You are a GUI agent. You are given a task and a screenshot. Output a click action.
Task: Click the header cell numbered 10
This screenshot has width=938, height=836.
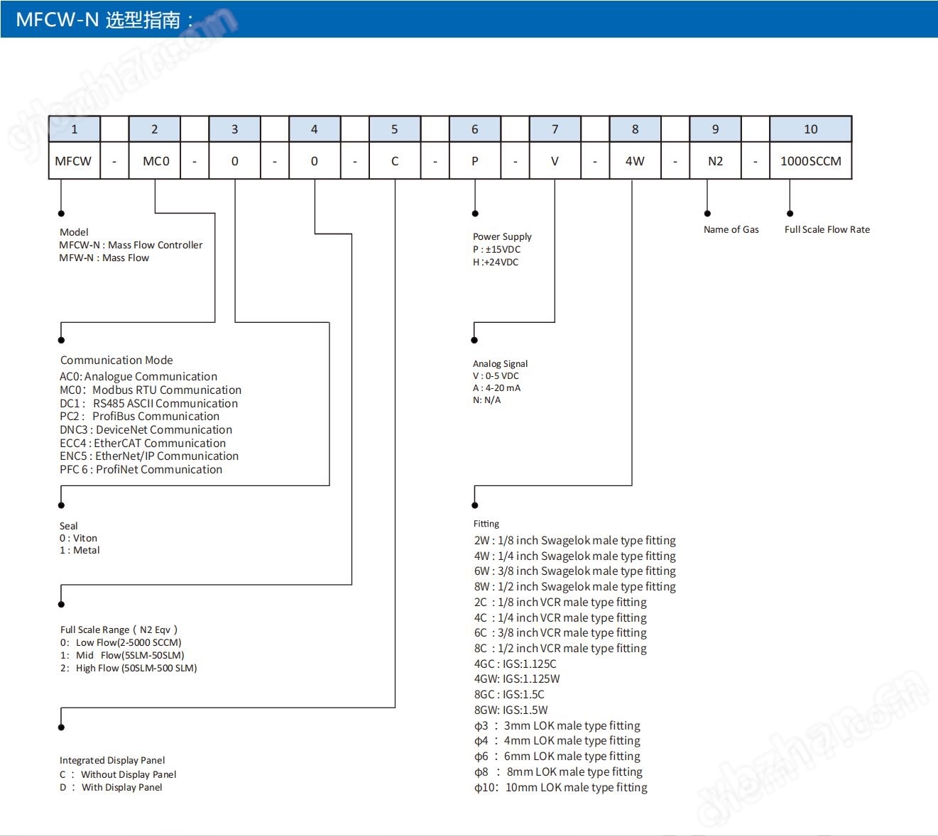tap(810, 129)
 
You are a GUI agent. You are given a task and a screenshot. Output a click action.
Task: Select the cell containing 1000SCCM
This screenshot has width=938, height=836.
tap(810, 161)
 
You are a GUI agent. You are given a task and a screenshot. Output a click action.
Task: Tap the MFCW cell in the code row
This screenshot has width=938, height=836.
tap(74, 161)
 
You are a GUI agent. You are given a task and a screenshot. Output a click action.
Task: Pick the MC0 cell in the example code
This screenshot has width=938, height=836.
tap(155, 161)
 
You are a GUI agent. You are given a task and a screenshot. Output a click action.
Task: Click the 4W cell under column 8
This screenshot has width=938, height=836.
tap(635, 161)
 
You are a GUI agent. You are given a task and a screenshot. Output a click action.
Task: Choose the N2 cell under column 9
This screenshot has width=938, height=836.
tap(715, 161)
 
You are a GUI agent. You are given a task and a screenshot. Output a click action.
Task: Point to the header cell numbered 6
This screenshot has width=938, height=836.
tap(474, 129)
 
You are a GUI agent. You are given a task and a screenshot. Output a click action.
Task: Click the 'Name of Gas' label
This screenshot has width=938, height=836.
tap(731, 229)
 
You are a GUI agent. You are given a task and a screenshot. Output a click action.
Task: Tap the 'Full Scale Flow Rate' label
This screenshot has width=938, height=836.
tap(827, 229)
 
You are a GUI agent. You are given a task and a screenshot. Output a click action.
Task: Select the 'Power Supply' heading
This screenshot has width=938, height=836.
tap(502, 236)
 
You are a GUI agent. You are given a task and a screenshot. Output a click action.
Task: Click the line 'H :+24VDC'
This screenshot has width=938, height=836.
tap(496, 262)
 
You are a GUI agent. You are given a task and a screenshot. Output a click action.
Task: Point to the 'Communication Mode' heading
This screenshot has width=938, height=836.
tap(116, 360)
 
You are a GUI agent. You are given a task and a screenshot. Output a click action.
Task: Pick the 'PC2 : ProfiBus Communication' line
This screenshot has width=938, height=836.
tap(139, 417)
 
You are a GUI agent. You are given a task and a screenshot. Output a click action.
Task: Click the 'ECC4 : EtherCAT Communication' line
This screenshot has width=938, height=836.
tap(143, 444)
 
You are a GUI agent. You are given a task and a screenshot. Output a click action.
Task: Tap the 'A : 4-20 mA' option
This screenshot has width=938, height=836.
tap(496, 387)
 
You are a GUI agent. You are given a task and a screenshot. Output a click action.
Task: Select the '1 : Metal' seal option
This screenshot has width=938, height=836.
tap(79, 550)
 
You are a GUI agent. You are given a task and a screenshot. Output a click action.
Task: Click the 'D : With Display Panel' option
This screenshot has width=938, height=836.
tap(111, 788)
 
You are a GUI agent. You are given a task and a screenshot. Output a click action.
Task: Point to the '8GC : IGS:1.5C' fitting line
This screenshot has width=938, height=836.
tap(509, 695)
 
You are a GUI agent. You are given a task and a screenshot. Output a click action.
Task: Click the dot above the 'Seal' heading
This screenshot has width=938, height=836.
tap(61, 505)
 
